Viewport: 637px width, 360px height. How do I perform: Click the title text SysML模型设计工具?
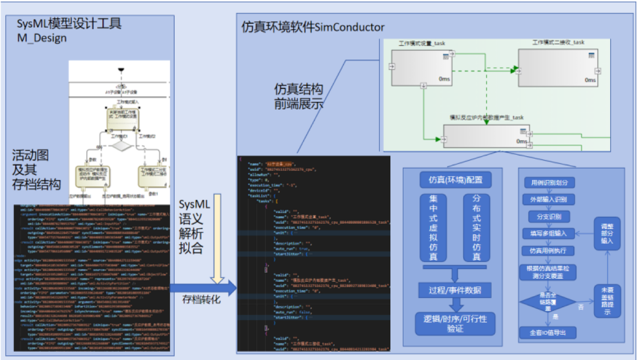pos(69,24)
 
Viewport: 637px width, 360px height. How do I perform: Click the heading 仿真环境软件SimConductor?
pos(313,27)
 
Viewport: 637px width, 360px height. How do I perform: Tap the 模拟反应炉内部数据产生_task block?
pos(486,136)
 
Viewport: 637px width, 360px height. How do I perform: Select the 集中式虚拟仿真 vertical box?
pos(435,228)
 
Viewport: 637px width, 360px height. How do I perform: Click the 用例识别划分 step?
pos(549,183)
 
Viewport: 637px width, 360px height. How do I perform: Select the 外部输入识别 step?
pos(549,199)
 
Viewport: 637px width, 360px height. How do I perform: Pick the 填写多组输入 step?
pos(549,233)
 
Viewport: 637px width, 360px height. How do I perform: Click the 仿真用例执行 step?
pos(549,250)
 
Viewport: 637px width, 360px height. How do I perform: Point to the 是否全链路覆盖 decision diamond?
pos(549,302)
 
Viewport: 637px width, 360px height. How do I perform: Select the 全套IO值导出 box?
pos(549,332)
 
